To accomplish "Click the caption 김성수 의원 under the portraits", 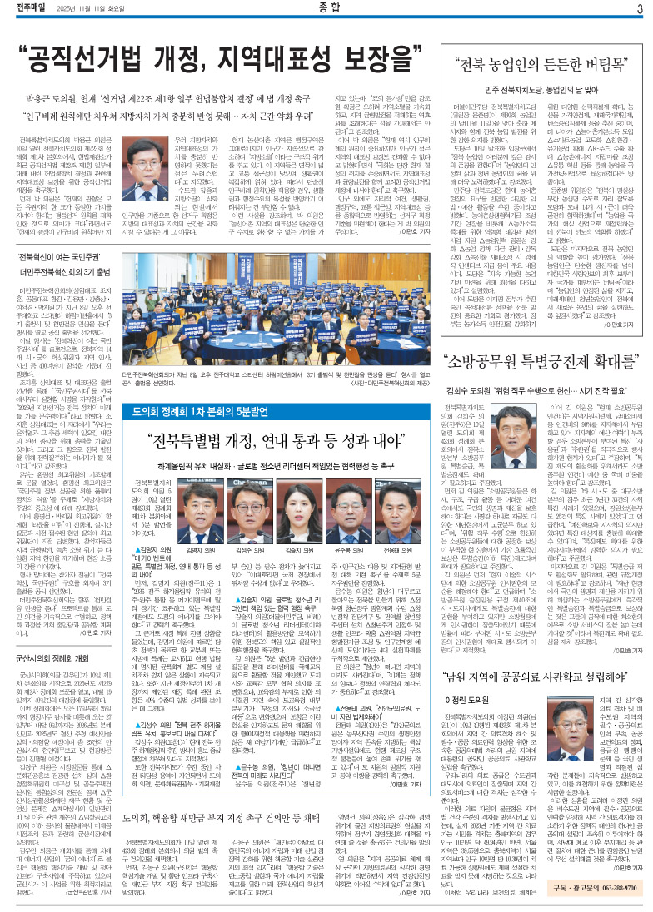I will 256,528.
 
